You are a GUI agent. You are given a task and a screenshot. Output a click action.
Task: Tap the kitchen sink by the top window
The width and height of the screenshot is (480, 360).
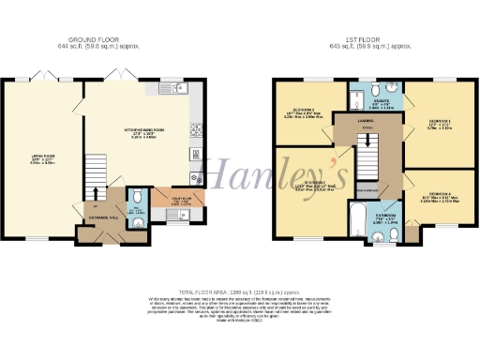click(178, 87)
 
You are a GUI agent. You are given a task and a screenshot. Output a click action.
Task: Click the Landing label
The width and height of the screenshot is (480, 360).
click(367, 122)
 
